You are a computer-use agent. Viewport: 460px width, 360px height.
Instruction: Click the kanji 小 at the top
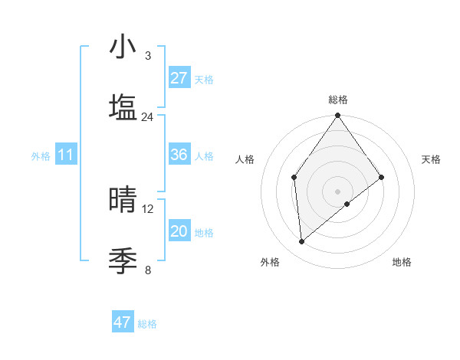click(x=123, y=47)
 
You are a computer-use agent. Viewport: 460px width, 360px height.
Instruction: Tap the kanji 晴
click(x=123, y=200)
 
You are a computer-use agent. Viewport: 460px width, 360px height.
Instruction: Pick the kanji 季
click(x=123, y=261)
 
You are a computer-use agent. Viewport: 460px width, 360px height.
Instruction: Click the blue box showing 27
click(x=179, y=78)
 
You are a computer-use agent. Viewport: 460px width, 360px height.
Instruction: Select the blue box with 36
click(x=179, y=155)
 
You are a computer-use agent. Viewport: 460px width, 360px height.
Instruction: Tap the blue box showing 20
click(x=179, y=231)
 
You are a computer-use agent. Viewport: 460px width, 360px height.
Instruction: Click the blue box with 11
click(x=66, y=155)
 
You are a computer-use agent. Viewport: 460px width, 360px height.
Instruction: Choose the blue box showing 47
click(x=123, y=322)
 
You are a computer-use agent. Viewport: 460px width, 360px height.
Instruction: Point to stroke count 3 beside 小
click(x=148, y=55)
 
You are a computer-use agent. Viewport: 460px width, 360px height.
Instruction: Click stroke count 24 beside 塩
click(x=148, y=116)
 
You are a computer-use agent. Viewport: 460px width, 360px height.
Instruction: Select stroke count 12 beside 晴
click(x=148, y=208)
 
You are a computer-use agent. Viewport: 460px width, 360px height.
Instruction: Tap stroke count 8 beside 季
click(x=148, y=270)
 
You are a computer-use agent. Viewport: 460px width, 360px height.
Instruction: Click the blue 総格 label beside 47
click(x=148, y=324)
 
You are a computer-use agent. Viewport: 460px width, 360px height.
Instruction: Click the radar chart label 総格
click(x=338, y=100)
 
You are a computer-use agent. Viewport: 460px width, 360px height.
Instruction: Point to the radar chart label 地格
click(x=402, y=263)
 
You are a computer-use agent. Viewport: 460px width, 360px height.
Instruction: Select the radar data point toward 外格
click(x=302, y=241)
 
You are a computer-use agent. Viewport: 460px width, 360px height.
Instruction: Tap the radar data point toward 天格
click(x=382, y=178)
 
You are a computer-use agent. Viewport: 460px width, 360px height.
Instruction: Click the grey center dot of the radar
click(x=338, y=191)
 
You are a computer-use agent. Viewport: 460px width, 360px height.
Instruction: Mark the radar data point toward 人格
click(x=294, y=178)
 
